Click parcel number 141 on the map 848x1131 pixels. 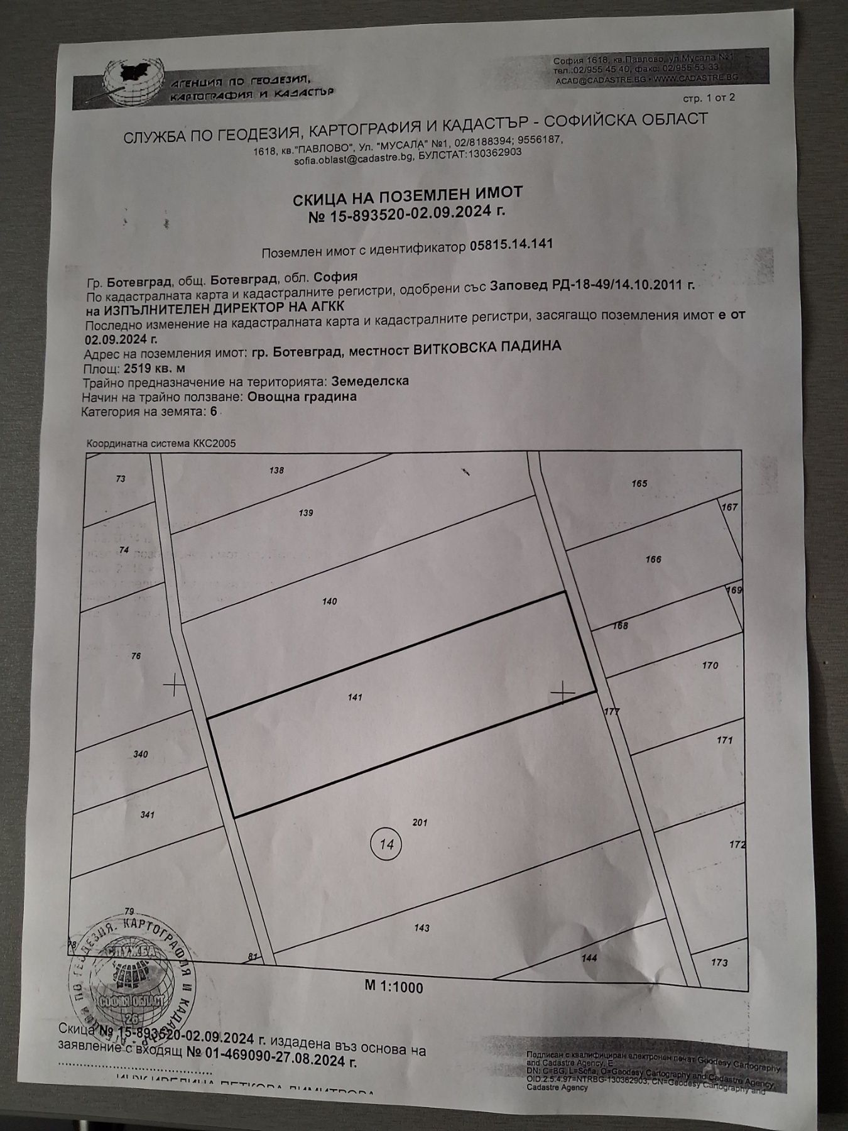click(355, 697)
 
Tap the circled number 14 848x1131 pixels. click(386, 844)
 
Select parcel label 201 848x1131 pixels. click(420, 822)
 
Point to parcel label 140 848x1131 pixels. click(329, 601)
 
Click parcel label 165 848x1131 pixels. click(639, 484)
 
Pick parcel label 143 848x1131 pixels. click(421, 928)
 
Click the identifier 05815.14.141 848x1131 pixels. click(511, 244)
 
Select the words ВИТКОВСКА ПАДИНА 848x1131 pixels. click(487, 347)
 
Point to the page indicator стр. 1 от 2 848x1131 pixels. click(708, 97)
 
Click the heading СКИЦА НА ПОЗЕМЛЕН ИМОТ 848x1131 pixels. click(408, 197)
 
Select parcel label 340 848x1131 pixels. click(140, 754)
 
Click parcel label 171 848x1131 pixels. click(724, 740)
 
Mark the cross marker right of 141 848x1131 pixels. click(563, 693)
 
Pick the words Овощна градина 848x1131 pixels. click(302, 396)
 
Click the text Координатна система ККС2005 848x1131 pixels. click(161, 444)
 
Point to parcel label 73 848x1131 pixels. click(121, 479)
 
